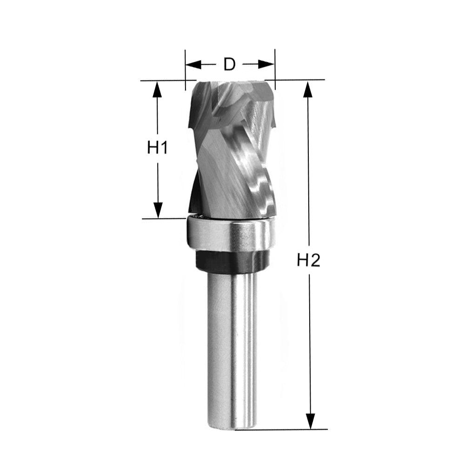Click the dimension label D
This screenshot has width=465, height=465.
[229, 64]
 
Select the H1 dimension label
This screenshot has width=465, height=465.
[157, 148]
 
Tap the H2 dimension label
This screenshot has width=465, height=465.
[309, 261]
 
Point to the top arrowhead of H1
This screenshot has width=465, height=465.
[158, 89]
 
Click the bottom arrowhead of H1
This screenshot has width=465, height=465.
[158, 210]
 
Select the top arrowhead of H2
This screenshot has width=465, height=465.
[307, 89]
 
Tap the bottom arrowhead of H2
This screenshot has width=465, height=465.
[309, 421]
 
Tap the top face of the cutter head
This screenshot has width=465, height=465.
[230, 86]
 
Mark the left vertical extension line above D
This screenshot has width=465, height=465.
[185, 70]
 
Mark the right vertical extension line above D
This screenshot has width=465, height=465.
[275, 70]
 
